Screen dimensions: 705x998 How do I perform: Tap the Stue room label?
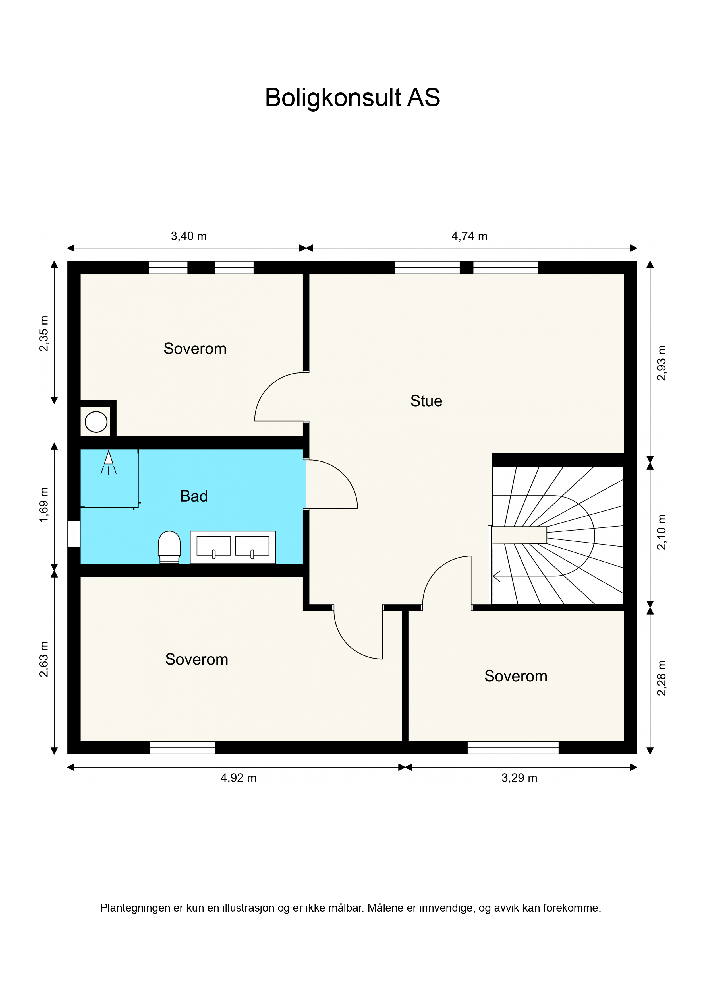[426, 401]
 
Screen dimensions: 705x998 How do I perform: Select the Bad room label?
[194, 496]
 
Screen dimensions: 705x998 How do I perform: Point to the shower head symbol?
[109, 462]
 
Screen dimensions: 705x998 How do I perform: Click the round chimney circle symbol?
[96, 422]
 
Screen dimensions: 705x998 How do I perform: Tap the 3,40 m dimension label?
[188, 236]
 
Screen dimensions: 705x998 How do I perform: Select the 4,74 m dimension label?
[469, 236]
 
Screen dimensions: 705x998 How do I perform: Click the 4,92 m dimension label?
[239, 778]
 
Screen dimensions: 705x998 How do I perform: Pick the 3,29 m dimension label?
[519, 778]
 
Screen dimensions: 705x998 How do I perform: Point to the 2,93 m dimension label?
[661, 363]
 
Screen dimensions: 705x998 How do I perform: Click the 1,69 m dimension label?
[44, 505]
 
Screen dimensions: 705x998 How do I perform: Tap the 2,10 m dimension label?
[661, 532]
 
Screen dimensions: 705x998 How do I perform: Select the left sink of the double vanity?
[214, 547]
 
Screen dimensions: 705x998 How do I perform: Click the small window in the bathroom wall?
[74, 533]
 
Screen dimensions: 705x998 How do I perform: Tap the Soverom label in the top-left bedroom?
[195, 349]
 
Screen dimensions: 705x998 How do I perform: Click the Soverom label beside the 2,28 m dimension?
[516, 676]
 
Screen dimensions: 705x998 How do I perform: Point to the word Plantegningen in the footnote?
[135, 908]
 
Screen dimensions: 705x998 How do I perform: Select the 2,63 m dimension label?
[44, 659]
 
